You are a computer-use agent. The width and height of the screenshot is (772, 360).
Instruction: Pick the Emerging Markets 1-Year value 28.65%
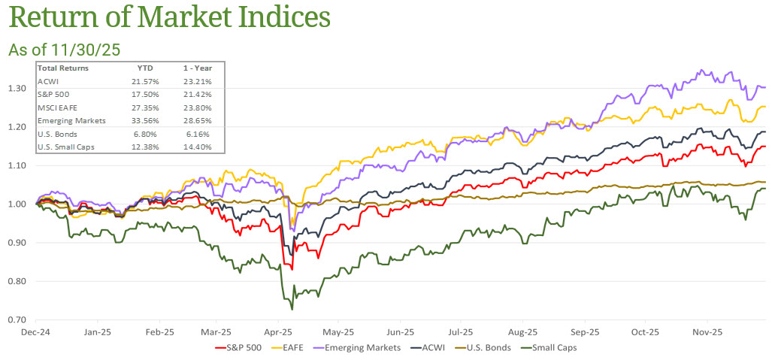pyautogui.click(x=198, y=120)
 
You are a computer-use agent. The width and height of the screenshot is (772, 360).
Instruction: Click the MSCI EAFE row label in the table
pyautogui.click(x=57, y=107)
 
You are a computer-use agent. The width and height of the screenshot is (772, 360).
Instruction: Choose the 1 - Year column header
pyautogui.click(x=196, y=68)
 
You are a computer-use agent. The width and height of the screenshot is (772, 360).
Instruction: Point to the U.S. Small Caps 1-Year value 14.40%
pyautogui.click(x=198, y=146)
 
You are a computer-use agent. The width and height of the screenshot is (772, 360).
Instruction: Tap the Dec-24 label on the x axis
pyautogui.click(x=36, y=331)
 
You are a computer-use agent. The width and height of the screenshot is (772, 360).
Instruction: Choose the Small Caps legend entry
pyautogui.click(x=552, y=348)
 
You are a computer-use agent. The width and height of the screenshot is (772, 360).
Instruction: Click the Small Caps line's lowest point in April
pyautogui.click(x=292, y=309)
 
